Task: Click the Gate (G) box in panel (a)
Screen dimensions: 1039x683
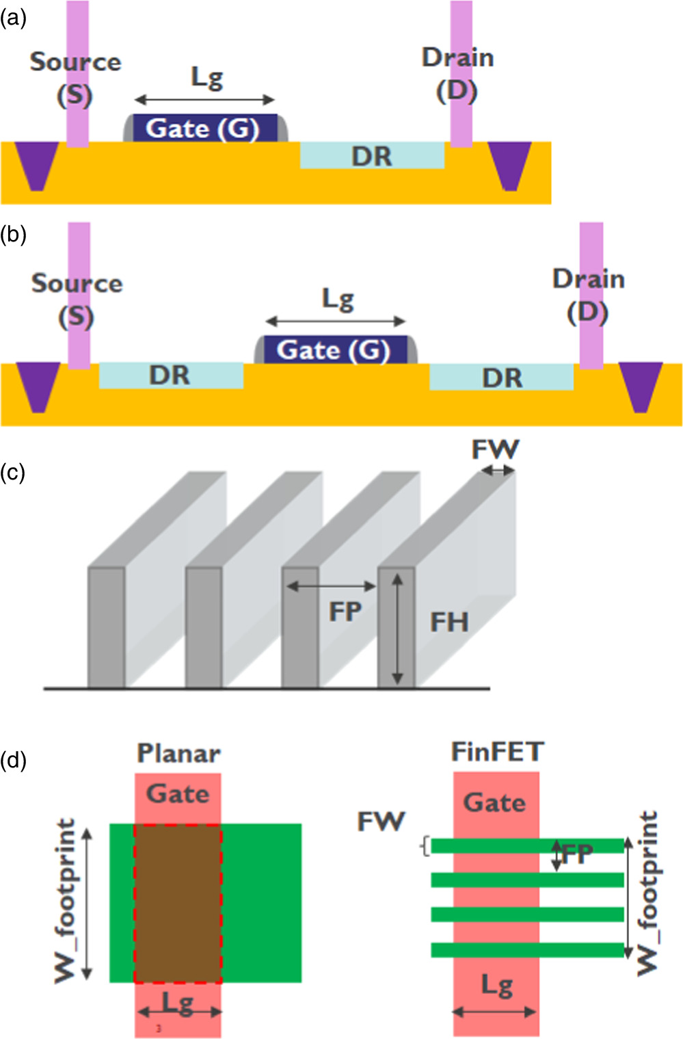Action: pyautogui.click(x=203, y=129)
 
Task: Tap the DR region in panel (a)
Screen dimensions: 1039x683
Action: pyautogui.click(x=372, y=156)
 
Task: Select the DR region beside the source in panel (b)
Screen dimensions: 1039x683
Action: pyautogui.click(x=170, y=376)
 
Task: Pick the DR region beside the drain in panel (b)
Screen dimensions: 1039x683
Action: pyautogui.click(x=502, y=377)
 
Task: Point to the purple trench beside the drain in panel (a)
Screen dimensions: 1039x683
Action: pyautogui.click(x=509, y=164)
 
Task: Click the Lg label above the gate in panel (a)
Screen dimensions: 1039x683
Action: pyautogui.click(x=206, y=78)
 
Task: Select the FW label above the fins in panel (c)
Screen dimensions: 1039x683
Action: pyautogui.click(x=496, y=449)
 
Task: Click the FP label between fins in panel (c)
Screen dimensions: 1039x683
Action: pyautogui.click(x=345, y=611)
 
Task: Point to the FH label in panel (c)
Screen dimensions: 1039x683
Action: pyautogui.click(x=449, y=622)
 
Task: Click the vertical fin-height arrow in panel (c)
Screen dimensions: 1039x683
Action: pyautogui.click(x=398, y=629)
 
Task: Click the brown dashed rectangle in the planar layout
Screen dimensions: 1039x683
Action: pyautogui.click(x=178, y=903)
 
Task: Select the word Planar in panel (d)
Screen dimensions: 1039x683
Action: pyautogui.click(x=178, y=753)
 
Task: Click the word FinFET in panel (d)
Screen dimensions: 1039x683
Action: pyautogui.click(x=497, y=752)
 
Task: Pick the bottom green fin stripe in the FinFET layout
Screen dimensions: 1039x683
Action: pyautogui.click(x=527, y=949)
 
